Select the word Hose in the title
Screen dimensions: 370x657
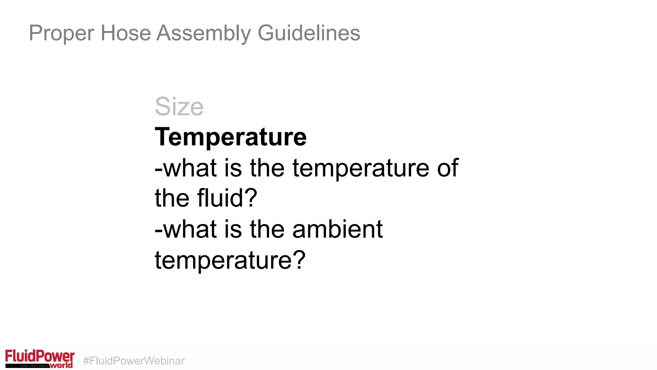[x=126, y=33]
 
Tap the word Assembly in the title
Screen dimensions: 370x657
[x=204, y=33]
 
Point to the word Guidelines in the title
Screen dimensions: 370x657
[x=309, y=33]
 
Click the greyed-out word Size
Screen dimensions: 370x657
[x=179, y=107]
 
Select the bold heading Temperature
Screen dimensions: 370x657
[x=231, y=137]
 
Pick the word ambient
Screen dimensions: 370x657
[x=337, y=229]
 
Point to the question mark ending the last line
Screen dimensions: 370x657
[x=299, y=260]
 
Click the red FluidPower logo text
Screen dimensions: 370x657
[x=39, y=356]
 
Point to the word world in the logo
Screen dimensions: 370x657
[x=62, y=365]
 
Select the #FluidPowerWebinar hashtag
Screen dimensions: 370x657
[x=134, y=361]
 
